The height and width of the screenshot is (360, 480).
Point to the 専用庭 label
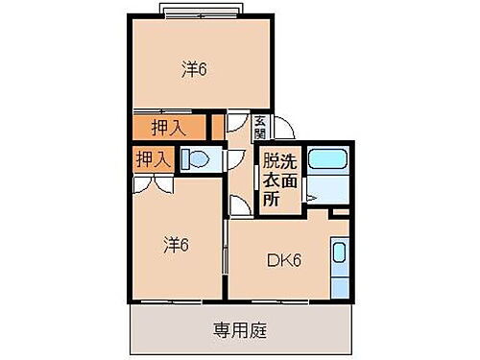[240, 331]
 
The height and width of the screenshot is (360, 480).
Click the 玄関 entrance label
[261, 127]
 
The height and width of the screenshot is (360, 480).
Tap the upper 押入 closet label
[167, 127]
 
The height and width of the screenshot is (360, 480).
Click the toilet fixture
[199, 160]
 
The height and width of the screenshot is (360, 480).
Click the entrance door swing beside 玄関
[284, 129]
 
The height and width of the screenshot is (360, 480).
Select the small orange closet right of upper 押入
[218, 127]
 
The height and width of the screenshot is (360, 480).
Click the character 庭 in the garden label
[259, 331]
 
